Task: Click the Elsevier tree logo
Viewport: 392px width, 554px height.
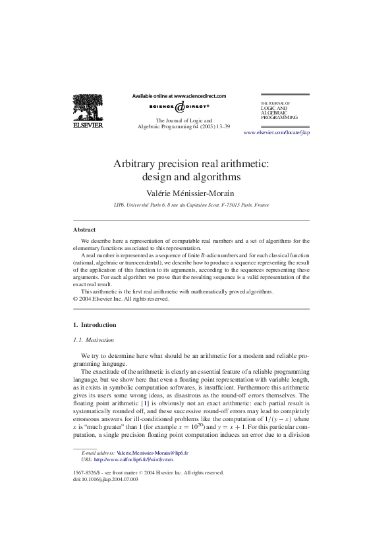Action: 88,105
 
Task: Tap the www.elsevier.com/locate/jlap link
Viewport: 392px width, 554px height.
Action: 277,132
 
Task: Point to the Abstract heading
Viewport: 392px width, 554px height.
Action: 84,230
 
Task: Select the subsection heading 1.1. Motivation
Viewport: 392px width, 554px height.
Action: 93,340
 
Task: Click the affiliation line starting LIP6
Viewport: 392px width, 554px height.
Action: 191,205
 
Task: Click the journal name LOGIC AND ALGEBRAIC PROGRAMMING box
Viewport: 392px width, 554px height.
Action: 279,111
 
